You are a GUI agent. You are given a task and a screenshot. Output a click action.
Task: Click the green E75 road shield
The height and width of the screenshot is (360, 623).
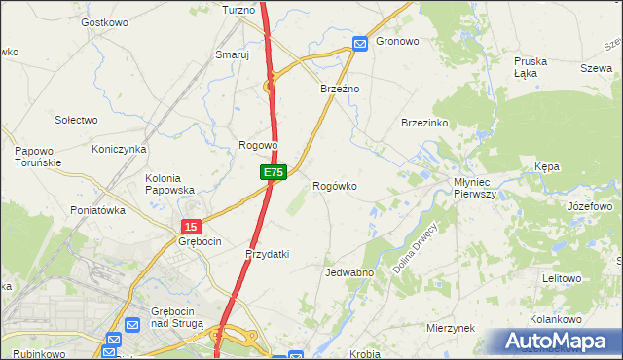[274, 172]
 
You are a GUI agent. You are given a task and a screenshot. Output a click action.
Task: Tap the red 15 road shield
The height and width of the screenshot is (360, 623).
[191, 226]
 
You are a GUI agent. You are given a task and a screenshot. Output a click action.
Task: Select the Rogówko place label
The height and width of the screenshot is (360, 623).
[335, 186]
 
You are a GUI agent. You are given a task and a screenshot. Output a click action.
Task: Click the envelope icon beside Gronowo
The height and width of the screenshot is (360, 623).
[359, 43]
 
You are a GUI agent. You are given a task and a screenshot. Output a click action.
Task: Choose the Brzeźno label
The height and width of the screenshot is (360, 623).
[341, 89]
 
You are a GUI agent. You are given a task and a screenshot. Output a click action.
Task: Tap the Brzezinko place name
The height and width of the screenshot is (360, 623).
[424, 124]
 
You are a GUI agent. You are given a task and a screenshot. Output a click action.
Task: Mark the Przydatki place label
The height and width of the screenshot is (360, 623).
[268, 254]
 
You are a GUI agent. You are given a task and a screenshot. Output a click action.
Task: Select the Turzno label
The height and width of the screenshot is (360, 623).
[238, 10]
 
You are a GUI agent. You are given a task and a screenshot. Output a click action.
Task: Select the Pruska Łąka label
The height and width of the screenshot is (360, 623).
[531, 67]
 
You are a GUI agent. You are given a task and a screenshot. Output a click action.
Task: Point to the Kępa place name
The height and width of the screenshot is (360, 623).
[547, 167]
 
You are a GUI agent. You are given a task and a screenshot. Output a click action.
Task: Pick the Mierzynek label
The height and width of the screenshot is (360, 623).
[450, 328]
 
